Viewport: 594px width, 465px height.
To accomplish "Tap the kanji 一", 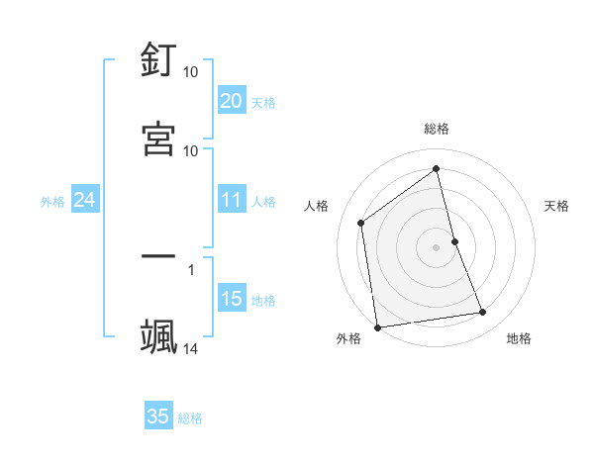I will [x=159, y=255].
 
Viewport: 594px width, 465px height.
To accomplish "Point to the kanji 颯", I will [x=159, y=335].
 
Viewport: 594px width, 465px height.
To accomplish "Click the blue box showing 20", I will [x=231, y=101].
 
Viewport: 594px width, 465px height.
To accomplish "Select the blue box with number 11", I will [x=231, y=200].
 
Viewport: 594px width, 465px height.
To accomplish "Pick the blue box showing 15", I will [x=231, y=299].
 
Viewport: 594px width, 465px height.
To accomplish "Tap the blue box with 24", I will [x=84, y=200].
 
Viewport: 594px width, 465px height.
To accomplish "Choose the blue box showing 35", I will [x=158, y=417].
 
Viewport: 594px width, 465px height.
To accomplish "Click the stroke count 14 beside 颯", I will [x=191, y=348].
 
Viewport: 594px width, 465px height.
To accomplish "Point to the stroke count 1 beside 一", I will [x=191, y=267].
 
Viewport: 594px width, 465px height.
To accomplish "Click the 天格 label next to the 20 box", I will [x=263, y=103].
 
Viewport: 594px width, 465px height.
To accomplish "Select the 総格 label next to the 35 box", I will [x=191, y=418].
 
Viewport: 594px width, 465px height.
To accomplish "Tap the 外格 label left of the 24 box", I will [x=52, y=202].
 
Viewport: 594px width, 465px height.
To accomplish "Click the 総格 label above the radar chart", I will [x=437, y=129].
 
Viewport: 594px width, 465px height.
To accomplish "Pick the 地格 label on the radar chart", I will [x=519, y=338].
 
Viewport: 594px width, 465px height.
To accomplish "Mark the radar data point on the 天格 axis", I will [x=454, y=241].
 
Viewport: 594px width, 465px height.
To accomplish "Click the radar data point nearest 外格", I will [x=377, y=326].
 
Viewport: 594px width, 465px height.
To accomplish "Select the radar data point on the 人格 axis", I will [x=361, y=223].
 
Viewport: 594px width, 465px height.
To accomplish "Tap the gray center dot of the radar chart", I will [x=437, y=246].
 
